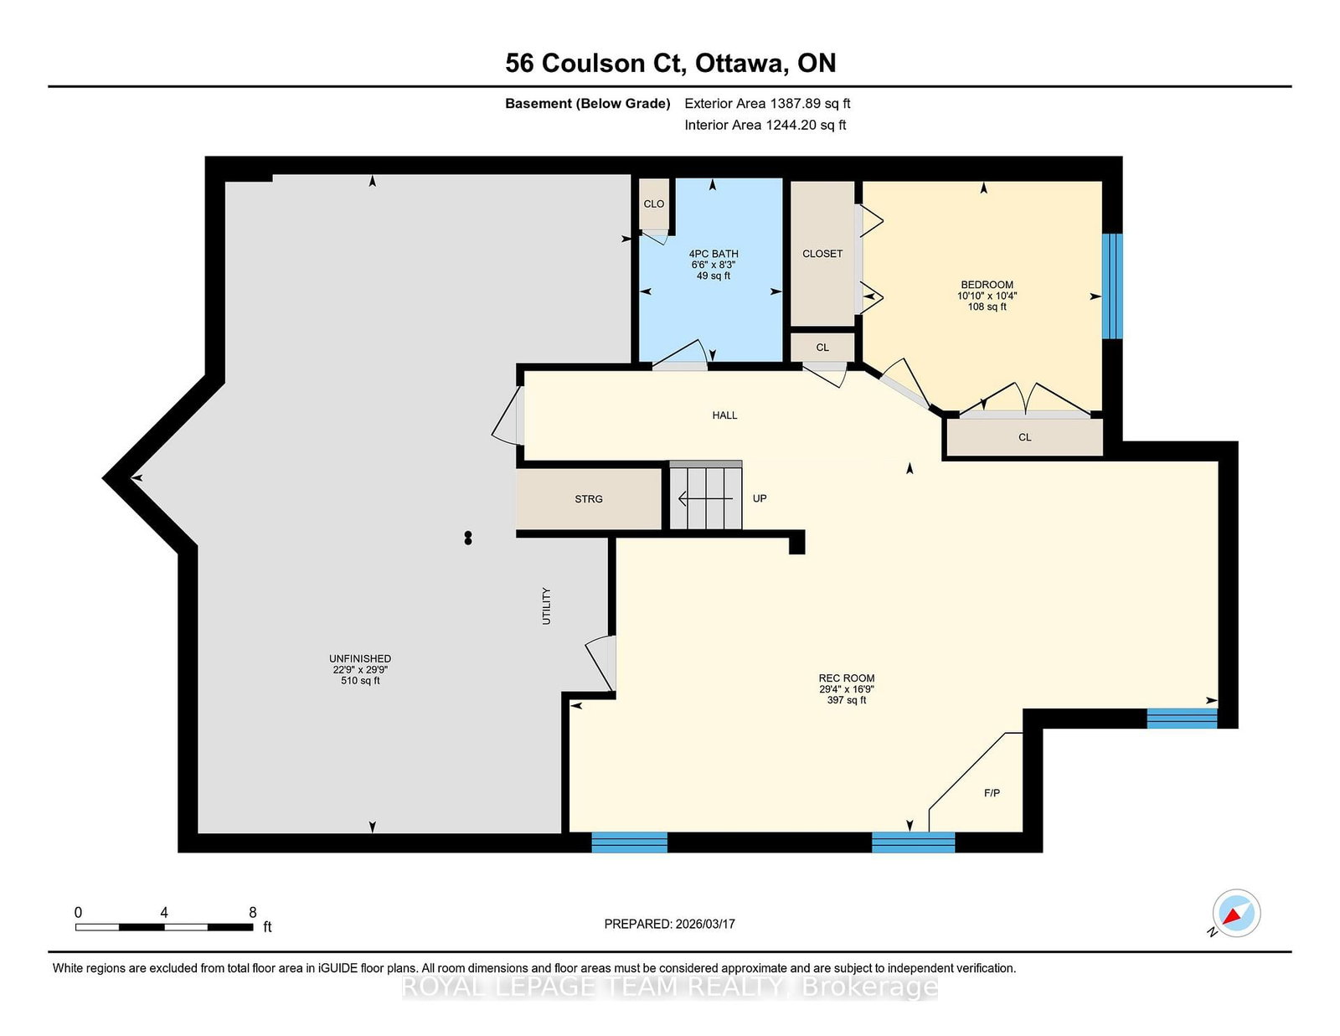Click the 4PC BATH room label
714,254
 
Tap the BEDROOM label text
987,285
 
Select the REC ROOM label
846,678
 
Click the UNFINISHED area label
360,659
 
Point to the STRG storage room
588,499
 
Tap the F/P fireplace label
992,793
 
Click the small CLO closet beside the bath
653,204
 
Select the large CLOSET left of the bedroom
822,254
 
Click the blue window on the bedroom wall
1111,286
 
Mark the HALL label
724,415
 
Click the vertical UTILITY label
547,606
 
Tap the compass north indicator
1236,913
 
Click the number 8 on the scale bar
252,912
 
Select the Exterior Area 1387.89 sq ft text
767,104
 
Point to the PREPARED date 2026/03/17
669,924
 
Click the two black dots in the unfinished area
468,538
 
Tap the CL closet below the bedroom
1024,437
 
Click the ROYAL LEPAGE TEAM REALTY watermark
670,987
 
